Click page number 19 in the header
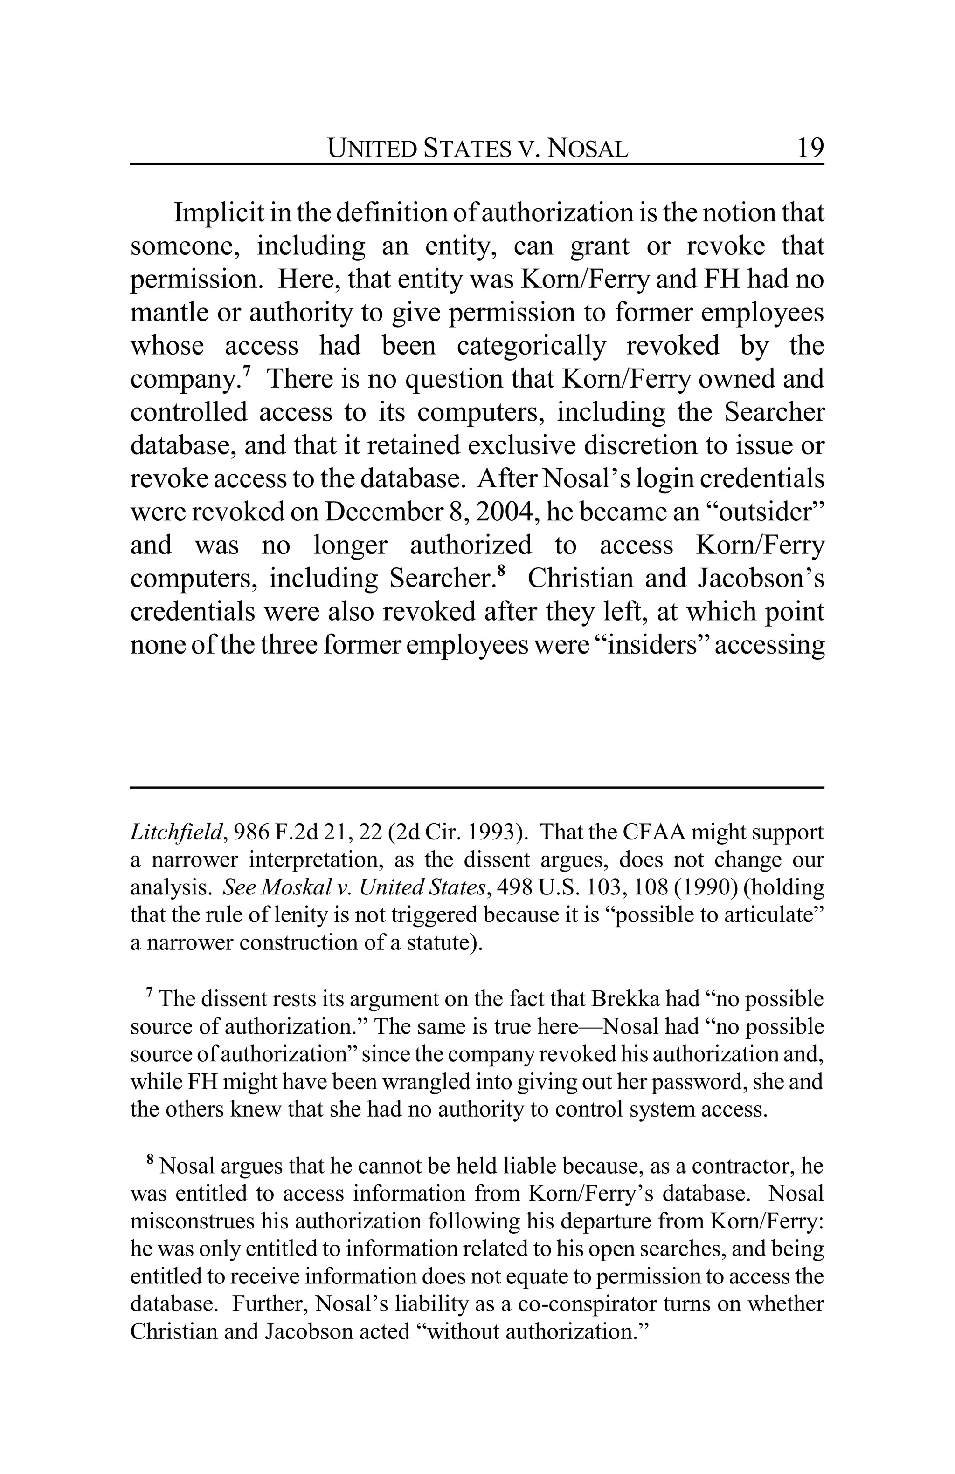pos(810,148)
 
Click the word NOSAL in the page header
pos(589,149)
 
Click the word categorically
pos(531,346)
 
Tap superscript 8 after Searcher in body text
pos(502,572)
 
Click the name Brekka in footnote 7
pos(625,999)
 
